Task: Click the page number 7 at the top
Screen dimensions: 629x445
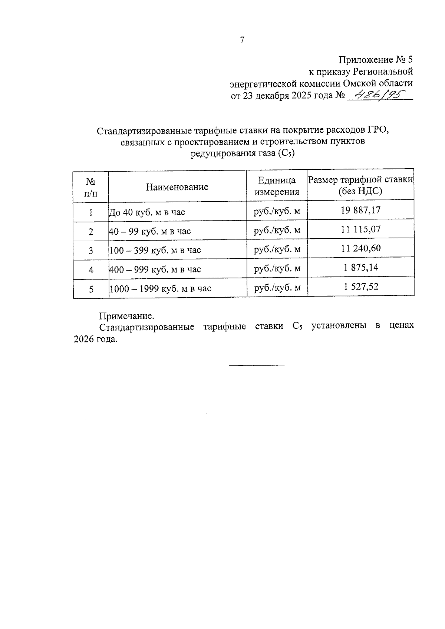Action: click(242, 40)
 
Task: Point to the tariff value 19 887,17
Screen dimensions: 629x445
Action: click(360, 211)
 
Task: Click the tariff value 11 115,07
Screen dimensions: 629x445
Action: click(360, 229)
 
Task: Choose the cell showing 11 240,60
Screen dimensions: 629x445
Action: click(360, 248)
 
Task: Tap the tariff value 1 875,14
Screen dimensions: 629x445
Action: click(361, 267)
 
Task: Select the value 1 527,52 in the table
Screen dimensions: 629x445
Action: click(361, 287)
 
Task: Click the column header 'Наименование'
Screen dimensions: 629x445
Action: click(177, 187)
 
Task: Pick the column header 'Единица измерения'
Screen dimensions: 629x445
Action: click(277, 186)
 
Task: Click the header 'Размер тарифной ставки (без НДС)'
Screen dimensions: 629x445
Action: click(360, 185)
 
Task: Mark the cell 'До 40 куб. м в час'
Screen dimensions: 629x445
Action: click(146, 212)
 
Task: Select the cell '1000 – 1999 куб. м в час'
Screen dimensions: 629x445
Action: click(160, 289)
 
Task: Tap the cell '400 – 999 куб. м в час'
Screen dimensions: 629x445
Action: click(155, 269)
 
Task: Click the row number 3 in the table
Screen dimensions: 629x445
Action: click(91, 251)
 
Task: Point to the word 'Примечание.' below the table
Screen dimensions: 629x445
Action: click(126, 316)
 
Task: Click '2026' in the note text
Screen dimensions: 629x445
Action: click(85, 339)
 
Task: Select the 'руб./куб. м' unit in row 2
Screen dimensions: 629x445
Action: click(277, 231)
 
